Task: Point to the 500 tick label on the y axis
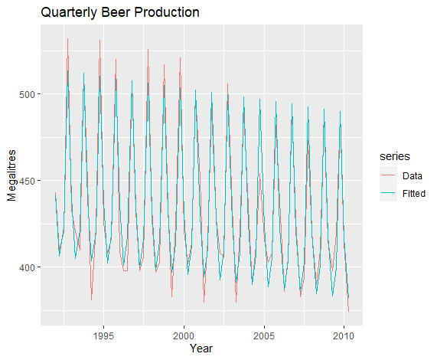pyautogui.click(x=28, y=94)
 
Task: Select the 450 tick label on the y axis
pyautogui.click(x=28, y=181)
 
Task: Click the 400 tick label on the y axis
pyautogui.click(x=28, y=267)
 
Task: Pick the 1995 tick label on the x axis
pyautogui.click(x=103, y=335)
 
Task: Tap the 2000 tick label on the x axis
pyautogui.click(x=184, y=335)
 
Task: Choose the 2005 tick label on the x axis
pyautogui.click(x=264, y=335)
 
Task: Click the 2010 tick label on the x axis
pyautogui.click(x=344, y=335)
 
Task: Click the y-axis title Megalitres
pyautogui.click(x=11, y=175)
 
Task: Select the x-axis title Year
pyautogui.click(x=201, y=349)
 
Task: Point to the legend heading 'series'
pyautogui.click(x=395, y=156)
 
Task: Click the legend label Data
pyautogui.click(x=413, y=176)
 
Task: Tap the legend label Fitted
pyautogui.click(x=414, y=193)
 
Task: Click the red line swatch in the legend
pyautogui.click(x=388, y=175)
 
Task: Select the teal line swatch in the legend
pyautogui.click(x=388, y=193)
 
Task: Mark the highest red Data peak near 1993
pyautogui.click(x=67, y=39)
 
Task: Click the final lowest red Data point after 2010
pyautogui.click(x=349, y=311)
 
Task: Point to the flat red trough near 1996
pyautogui.click(x=126, y=271)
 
